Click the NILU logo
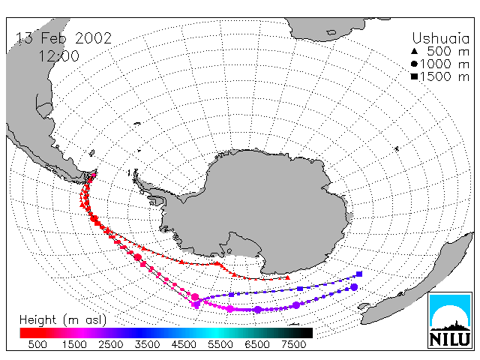[x=450, y=320]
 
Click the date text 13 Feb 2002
[x=64, y=38]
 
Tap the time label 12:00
[x=58, y=56]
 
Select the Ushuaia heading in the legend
[x=440, y=39]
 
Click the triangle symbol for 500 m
[x=414, y=51]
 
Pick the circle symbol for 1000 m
[x=414, y=64]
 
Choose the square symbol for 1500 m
[x=414, y=76]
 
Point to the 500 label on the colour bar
[x=37, y=344]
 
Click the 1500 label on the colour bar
[x=74, y=344]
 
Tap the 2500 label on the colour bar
[x=110, y=344]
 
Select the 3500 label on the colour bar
[x=147, y=344]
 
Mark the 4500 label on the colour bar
[x=184, y=344]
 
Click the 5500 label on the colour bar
[x=220, y=344]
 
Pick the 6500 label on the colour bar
[x=256, y=344]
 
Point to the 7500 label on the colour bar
[x=293, y=344]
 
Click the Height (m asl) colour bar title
[x=63, y=320]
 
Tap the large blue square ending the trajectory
[x=359, y=274]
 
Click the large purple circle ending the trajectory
[x=354, y=287]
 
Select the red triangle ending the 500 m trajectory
[x=287, y=277]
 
